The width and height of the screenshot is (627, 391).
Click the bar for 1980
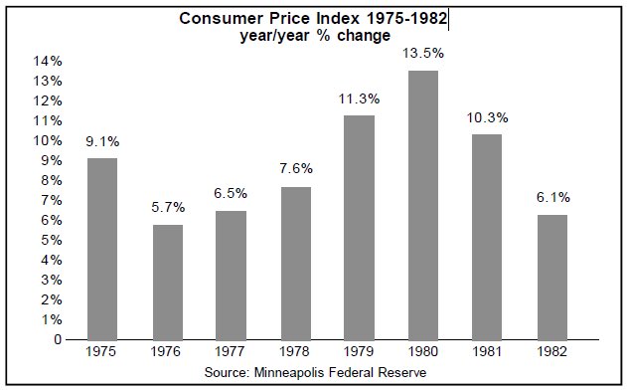coord(422,205)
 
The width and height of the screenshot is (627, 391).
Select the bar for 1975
coord(102,249)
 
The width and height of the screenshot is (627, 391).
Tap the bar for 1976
coord(166,282)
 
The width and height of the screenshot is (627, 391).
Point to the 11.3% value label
coord(359,98)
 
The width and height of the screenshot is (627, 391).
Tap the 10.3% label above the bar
coord(487,118)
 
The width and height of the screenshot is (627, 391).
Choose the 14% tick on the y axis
coord(50,61)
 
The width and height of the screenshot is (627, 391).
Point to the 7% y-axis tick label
coord(53,200)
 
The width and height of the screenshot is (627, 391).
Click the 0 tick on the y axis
coord(58,339)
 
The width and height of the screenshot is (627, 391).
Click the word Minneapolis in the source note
coord(310,371)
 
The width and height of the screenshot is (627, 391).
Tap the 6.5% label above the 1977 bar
coord(231,193)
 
